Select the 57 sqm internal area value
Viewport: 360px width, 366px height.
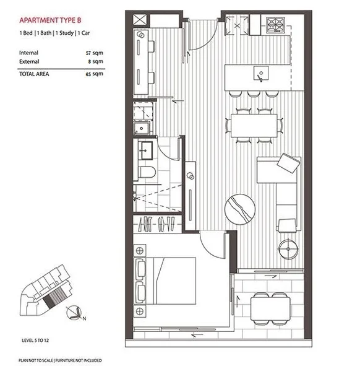[94, 53]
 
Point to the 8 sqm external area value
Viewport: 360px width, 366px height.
[96, 62]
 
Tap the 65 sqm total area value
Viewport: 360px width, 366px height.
[94, 74]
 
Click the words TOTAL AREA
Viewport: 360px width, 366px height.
[35, 74]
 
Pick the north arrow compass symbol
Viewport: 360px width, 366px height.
[74, 314]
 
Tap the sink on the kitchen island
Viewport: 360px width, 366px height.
[261, 75]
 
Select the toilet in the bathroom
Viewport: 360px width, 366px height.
[147, 173]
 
